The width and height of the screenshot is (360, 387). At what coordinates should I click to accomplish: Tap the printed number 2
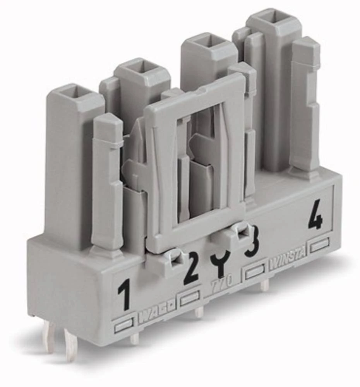point(191,267)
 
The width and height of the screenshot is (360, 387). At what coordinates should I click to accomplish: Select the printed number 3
point(252,242)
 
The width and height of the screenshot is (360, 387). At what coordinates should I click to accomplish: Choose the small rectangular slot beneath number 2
point(190,297)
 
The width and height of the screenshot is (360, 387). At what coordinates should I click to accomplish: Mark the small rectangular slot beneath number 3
point(255,271)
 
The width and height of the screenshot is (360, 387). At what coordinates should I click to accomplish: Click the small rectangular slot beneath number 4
point(319,245)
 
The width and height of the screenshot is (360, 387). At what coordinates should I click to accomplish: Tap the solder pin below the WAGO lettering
point(135,339)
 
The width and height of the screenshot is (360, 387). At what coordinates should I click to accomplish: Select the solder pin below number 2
point(199,312)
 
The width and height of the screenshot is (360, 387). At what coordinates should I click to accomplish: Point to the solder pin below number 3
point(264,286)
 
